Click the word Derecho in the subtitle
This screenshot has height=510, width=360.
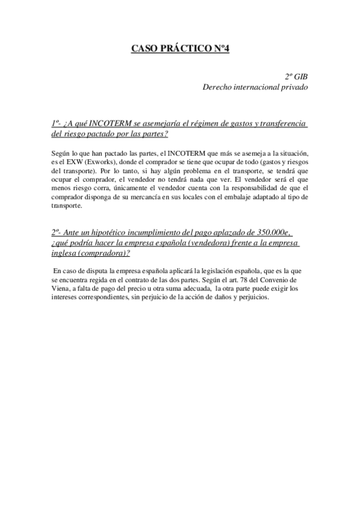(x=218, y=87)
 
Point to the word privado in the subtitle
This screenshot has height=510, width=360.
(x=293, y=87)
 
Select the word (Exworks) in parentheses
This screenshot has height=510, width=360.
(x=99, y=162)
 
